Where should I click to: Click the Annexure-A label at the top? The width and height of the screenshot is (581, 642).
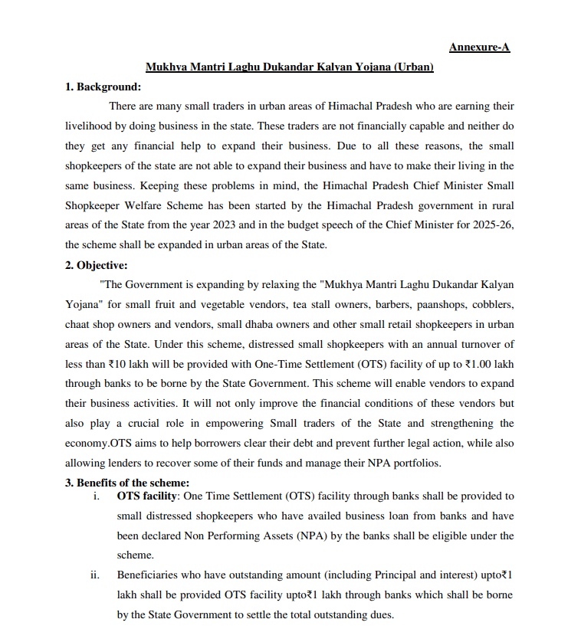[479, 47]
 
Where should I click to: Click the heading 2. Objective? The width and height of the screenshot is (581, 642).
[97, 266]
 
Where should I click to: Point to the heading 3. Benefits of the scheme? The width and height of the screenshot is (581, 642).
[126, 483]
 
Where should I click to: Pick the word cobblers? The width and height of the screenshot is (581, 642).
[491, 305]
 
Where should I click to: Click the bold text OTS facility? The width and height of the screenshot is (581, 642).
[146, 496]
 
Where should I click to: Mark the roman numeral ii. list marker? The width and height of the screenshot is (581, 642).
[96, 575]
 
